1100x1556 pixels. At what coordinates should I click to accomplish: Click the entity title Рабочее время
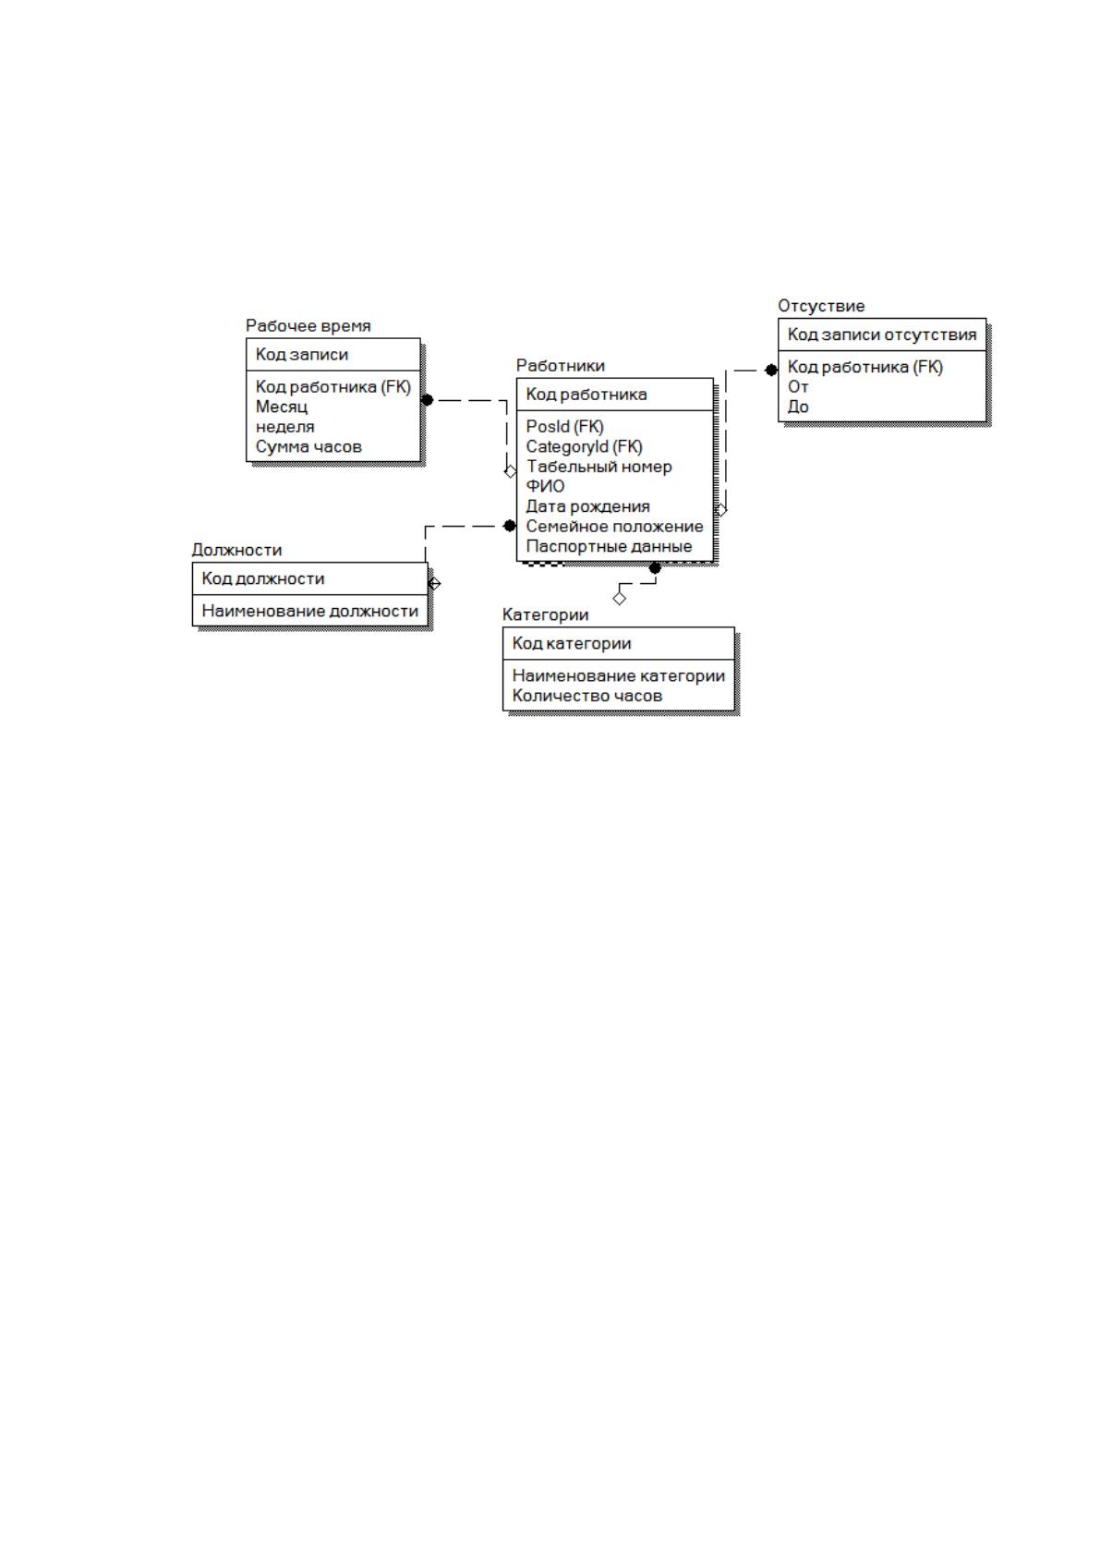click(x=308, y=326)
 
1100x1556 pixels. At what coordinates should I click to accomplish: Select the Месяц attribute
click(x=282, y=407)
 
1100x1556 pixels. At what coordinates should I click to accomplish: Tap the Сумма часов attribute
click(x=308, y=446)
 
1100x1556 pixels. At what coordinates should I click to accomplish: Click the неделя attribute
click(x=284, y=427)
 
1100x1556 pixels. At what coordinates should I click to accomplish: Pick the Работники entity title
click(x=561, y=366)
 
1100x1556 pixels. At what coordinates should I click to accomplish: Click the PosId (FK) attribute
click(x=564, y=427)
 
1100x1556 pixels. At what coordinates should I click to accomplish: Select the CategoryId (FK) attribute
click(x=584, y=446)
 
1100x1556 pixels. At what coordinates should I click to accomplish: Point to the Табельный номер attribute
click(x=598, y=467)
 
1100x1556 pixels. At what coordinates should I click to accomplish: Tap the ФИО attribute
click(x=545, y=486)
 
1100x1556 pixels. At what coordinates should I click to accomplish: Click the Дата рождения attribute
click(x=587, y=506)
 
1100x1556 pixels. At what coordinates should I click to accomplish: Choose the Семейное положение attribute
click(x=614, y=527)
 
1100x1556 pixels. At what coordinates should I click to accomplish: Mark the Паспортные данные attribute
click(x=609, y=547)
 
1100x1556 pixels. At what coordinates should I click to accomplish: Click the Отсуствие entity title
click(x=821, y=306)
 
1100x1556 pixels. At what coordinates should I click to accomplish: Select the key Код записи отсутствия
click(x=882, y=334)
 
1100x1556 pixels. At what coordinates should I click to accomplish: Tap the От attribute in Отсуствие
click(x=798, y=387)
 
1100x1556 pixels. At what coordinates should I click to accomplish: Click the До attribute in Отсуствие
click(x=798, y=407)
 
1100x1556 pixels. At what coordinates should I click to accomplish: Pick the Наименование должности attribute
click(x=309, y=612)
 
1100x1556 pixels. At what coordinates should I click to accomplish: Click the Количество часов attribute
click(x=586, y=696)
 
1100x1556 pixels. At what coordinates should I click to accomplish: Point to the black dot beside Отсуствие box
click(x=771, y=371)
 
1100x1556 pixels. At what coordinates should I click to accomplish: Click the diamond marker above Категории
click(x=620, y=598)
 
